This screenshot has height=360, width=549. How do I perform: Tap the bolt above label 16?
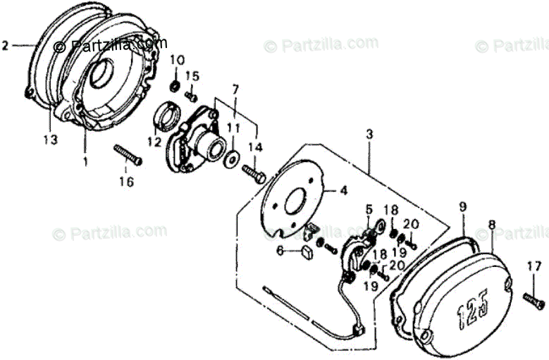point(127,155)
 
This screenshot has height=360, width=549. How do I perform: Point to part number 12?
point(154,143)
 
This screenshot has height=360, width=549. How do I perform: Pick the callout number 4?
point(344,190)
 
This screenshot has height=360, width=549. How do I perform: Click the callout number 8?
point(491,225)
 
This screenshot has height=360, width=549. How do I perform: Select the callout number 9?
point(463,206)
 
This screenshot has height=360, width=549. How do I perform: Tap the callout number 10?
point(177,58)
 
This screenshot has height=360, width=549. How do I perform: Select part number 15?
point(192,75)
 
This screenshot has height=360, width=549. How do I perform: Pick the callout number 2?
point(6,45)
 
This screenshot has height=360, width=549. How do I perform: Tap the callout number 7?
point(236,89)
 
